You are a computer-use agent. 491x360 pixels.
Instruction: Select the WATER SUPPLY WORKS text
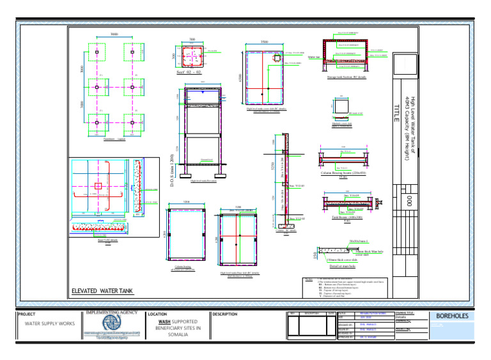point(49,324)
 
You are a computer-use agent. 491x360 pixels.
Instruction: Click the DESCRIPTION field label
point(224,315)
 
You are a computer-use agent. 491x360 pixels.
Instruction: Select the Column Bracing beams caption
point(345,173)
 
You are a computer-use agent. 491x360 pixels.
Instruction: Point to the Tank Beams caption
point(344,218)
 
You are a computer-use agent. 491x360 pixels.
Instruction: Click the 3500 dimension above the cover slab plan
point(263,42)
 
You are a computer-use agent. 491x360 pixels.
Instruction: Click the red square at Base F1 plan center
point(97,186)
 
